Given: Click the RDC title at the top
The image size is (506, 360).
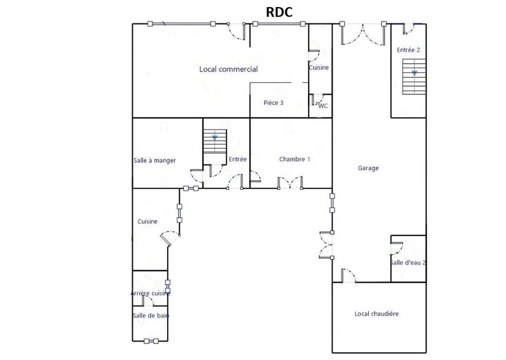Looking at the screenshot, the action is (x=279, y=12).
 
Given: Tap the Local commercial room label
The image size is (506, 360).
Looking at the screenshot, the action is (x=228, y=69).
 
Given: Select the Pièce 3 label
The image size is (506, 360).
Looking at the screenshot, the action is (x=273, y=102).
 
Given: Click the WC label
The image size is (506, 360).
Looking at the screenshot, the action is (x=323, y=106).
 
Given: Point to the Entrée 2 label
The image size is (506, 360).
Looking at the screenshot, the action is (x=408, y=50).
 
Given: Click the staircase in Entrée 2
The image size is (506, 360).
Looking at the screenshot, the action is (x=414, y=77).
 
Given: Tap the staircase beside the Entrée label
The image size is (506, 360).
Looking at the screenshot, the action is (x=214, y=141).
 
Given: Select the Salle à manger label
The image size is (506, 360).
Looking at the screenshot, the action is (x=154, y=161).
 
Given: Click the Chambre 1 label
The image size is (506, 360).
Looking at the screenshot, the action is (x=294, y=159).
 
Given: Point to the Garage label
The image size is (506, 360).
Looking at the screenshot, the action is (x=368, y=168).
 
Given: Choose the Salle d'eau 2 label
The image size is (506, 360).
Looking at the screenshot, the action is (x=408, y=263).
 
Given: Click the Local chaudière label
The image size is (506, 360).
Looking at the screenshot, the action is (x=376, y=314).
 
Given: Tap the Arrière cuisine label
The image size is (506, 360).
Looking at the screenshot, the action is (x=150, y=293).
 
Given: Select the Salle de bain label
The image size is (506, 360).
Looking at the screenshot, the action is (x=151, y=316).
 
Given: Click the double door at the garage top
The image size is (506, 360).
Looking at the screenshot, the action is (x=363, y=34).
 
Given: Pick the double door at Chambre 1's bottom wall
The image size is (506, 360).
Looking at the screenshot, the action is (x=290, y=182).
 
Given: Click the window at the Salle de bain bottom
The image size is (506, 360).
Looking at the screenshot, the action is (x=151, y=341).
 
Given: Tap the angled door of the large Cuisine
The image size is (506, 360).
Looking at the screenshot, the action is (x=170, y=238).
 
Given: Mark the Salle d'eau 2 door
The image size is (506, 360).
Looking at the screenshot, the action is (x=397, y=248).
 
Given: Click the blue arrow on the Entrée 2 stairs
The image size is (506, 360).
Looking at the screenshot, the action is (x=414, y=73).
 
